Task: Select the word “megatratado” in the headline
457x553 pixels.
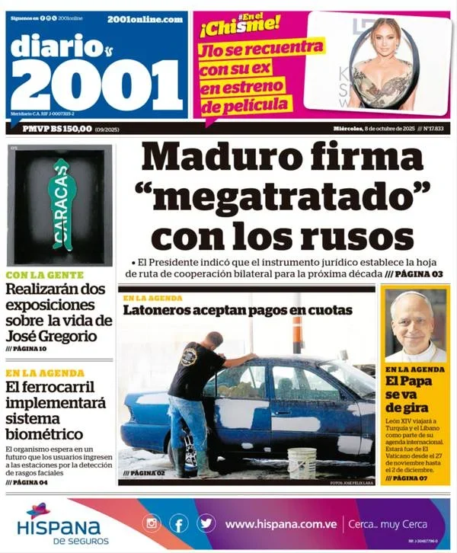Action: click(x=281, y=194)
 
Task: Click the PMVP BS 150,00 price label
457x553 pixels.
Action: click(x=57, y=129)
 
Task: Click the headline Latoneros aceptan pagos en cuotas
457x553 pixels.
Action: click(x=238, y=310)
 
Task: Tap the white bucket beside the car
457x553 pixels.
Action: click(x=302, y=462)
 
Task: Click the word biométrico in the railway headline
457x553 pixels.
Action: click(x=46, y=434)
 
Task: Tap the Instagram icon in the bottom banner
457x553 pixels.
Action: click(x=152, y=523)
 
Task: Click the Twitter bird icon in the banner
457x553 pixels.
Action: click(x=206, y=523)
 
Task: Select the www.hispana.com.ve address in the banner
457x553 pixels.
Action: click(x=281, y=524)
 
